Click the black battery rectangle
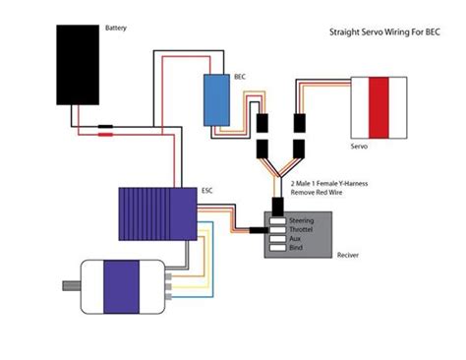(x=80, y=65)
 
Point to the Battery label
(x=116, y=29)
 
